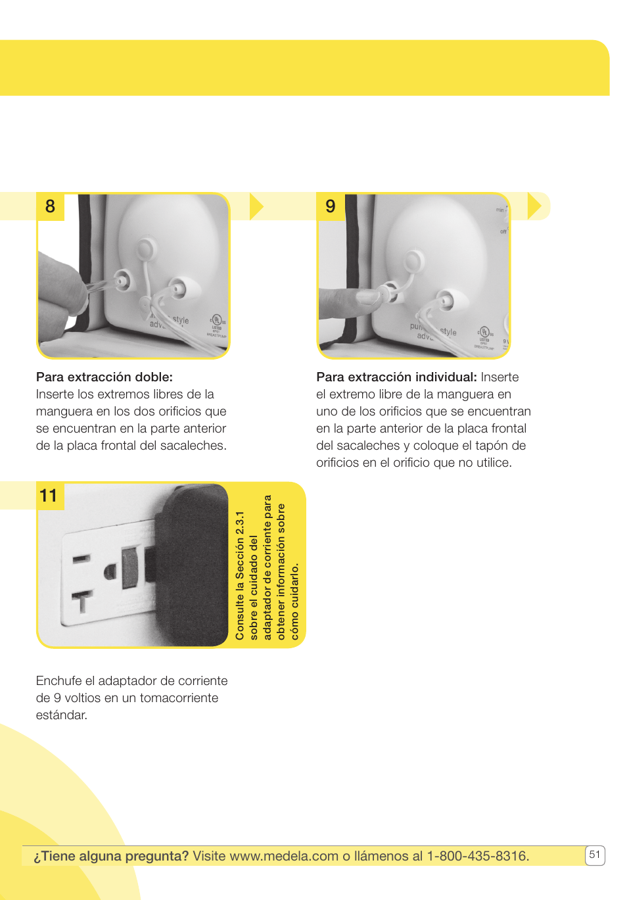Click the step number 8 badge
50,206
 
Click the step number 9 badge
331,206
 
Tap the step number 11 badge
49,496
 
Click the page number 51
594,855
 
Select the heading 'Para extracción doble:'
104,377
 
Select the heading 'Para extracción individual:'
396,377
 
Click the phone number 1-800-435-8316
478,856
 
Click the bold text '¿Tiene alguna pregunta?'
111,856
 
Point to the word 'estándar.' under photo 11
61,715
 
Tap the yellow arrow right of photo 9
534,206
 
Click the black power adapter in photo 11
191,565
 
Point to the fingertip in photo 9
365,297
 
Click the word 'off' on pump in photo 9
503,231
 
